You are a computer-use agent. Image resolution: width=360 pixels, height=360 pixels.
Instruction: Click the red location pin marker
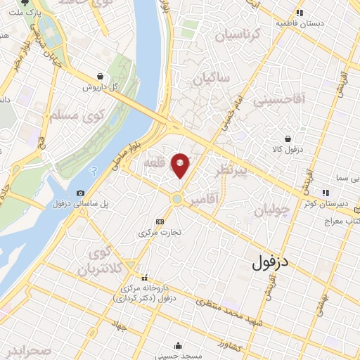[x=181, y=165]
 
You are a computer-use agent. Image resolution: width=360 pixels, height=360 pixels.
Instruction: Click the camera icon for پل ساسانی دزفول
[x=80, y=193]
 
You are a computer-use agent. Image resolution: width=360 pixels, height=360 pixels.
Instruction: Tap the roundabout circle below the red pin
[x=177, y=200]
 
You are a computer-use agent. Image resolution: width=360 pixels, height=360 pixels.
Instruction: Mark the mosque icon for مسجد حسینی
[x=179, y=345]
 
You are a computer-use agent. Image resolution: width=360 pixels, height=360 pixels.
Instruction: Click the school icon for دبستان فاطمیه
[x=300, y=13]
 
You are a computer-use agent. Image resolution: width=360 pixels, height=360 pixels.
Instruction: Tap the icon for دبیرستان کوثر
[x=325, y=193]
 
